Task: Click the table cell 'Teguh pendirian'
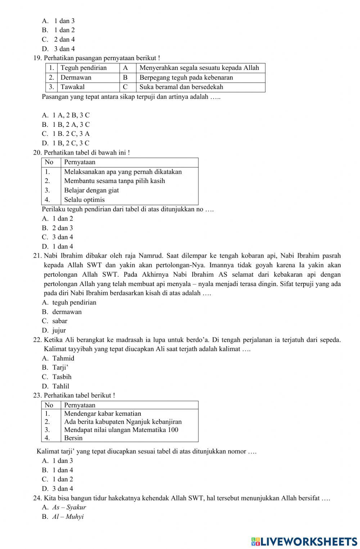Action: click(x=84, y=68)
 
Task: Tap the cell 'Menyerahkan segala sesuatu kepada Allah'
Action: click(x=199, y=68)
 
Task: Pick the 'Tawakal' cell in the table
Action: click(x=73, y=87)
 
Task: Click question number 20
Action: click(x=37, y=153)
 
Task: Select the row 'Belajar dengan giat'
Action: click(x=91, y=190)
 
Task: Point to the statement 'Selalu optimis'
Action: click(x=84, y=200)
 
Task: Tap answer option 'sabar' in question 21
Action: click(x=60, y=321)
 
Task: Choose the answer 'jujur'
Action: click(x=59, y=330)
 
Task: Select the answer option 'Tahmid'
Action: click(x=63, y=358)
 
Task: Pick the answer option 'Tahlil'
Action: click(x=61, y=386)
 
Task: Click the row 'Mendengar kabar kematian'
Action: click(x=103, y=414)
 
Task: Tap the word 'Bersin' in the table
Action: click(x=73, y=438)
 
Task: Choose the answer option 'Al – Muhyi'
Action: click(x=68, y=517)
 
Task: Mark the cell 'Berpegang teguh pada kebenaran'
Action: click(x=186, y=77)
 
